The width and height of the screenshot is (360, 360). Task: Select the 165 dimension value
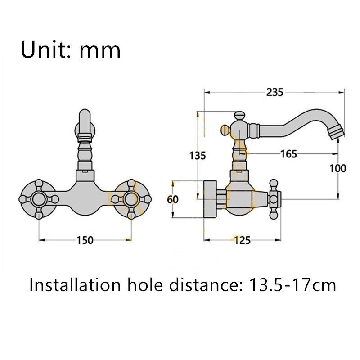288,154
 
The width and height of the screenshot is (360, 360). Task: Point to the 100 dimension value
337,168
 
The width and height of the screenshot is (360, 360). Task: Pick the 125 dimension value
242,240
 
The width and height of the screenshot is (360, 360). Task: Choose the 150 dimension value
85,240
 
